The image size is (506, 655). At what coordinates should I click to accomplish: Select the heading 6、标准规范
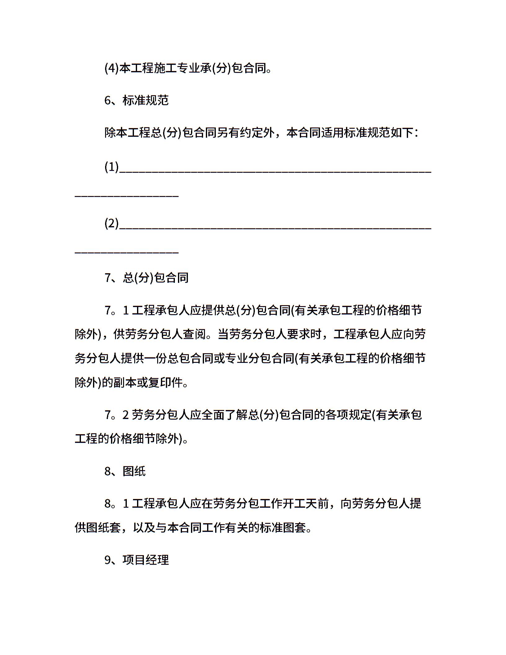(x=136, y=100)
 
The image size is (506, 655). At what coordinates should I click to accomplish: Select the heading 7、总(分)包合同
(x=146, y=278)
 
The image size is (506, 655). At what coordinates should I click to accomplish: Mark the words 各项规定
(x=348, y=415)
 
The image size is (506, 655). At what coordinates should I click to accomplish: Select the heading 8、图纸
(x=125, y=471)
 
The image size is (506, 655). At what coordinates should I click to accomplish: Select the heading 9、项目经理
(x=136, y=560)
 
